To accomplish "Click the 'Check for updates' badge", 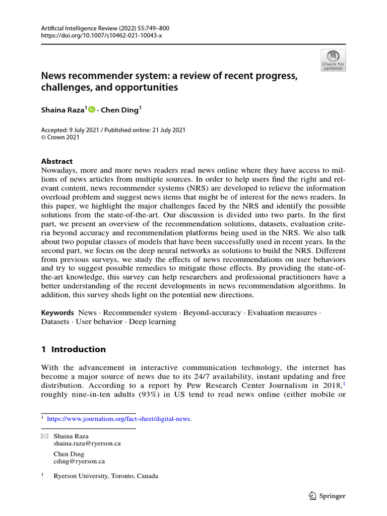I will click(x=333, y=60).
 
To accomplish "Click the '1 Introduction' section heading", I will click(x=74, y=349).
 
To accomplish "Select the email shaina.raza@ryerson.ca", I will click(x=87, y=444).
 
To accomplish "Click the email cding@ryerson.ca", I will click(x=79, y=461).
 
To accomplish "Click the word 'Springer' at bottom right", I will click(x=333, y=496).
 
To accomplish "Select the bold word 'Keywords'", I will click(x=57, y=313).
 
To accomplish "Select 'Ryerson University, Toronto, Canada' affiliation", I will click(x=105, y=476).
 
